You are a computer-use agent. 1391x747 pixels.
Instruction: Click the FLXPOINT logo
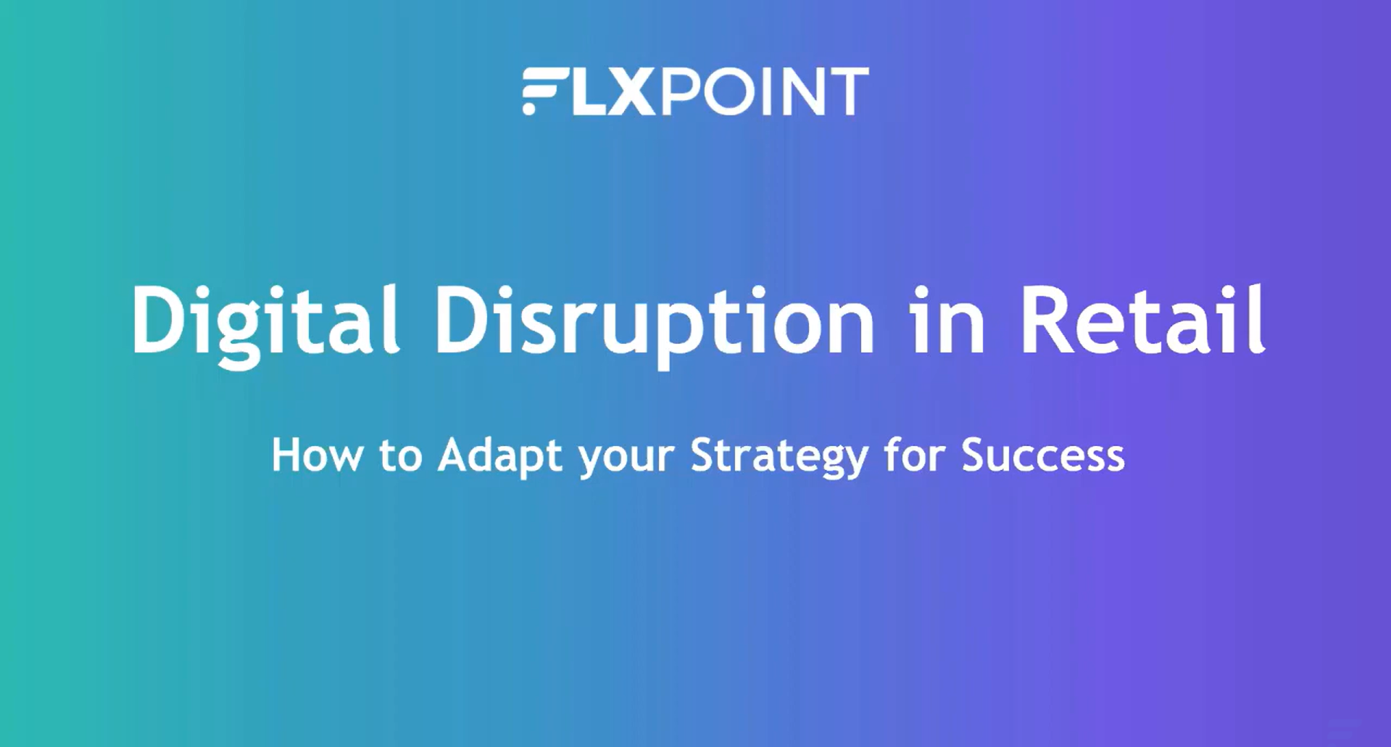pyautogui.click(x=695, y=91)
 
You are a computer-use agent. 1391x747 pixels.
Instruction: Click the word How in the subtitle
pyautogui.click(x=317, y=455)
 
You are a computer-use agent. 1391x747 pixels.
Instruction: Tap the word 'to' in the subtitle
pyautogui.click(x=400, y=456)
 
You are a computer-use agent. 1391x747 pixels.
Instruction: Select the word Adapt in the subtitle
pyautogui.click(x=500, y=458)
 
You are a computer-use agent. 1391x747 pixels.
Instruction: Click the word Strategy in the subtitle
pyautogui.click(x=779, y=458)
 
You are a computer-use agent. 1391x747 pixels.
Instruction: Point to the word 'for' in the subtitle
pyautogui.click(x=915, y=455)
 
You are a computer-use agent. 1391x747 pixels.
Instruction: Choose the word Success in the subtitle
pyautogui.click(x=1043, y=455)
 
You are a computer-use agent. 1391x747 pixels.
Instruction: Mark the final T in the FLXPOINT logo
pyautogui.click(x=851, y=91)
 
